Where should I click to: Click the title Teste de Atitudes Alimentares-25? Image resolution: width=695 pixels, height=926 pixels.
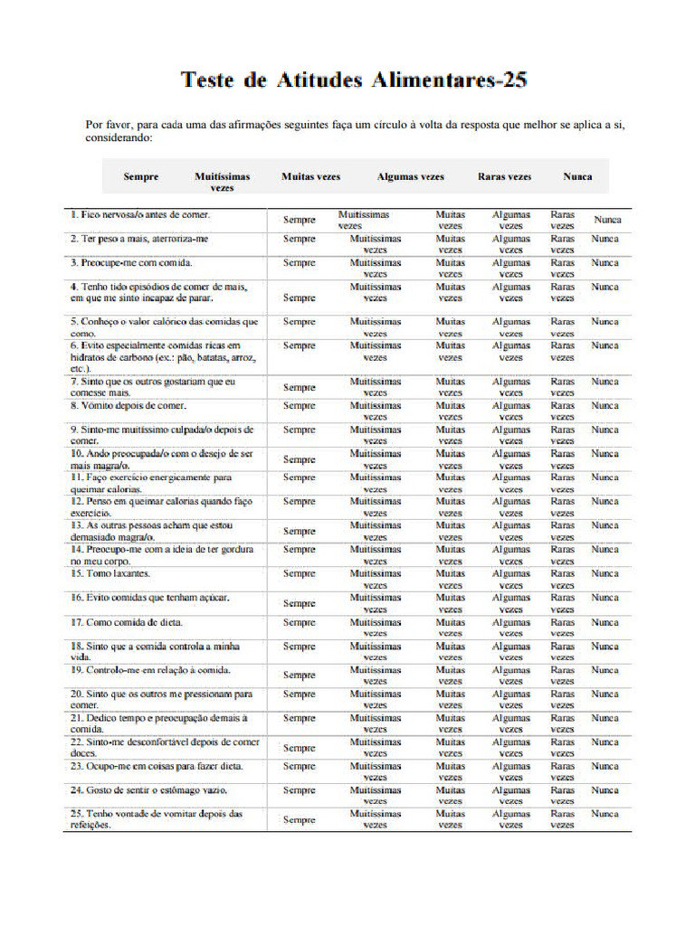[354, 80]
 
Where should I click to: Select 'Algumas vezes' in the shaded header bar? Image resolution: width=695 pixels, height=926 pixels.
[411, 177]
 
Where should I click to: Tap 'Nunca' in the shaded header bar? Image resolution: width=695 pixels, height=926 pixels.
[577, 177]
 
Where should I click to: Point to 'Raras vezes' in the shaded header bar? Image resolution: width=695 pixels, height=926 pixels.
[504, 177]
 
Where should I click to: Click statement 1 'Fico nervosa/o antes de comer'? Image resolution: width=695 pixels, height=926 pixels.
[140, 215]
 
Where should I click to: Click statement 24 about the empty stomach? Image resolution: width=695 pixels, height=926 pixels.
[148, 789]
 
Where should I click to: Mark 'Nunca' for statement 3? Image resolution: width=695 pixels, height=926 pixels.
[605, 263]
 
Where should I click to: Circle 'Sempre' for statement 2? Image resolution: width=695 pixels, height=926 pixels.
[300, 239]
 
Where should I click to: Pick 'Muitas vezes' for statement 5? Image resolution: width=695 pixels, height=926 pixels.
[450, 327]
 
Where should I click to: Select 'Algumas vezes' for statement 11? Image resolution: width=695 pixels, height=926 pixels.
[511, 483]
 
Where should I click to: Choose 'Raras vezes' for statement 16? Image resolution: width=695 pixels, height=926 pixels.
[563, 603]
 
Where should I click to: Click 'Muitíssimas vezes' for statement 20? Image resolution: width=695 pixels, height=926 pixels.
[376, 699]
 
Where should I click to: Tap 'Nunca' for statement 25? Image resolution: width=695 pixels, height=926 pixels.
[605, 814]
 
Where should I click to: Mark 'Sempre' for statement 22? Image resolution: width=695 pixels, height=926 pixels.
[300, 748]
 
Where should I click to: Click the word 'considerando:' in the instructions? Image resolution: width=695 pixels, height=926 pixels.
[119, 139]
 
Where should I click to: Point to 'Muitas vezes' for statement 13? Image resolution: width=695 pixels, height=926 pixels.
[450, 531]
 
